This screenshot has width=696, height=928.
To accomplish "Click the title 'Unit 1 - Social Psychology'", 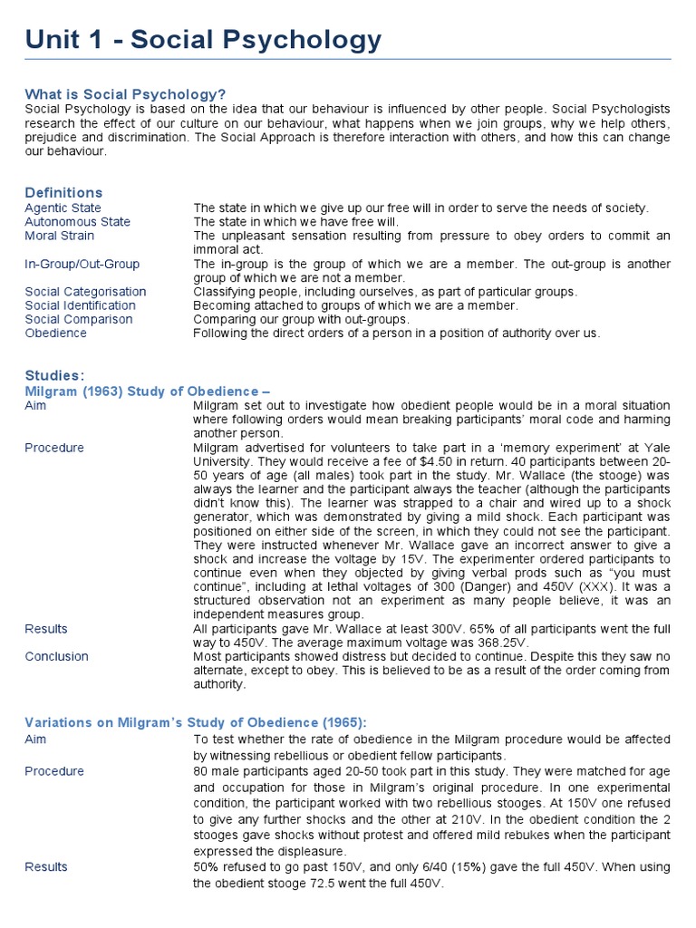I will (203, 40).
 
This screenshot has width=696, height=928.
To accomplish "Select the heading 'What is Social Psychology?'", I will (125, 94).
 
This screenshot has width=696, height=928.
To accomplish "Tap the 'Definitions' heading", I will (63, 192).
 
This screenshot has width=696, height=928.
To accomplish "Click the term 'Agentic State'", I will (63, 208).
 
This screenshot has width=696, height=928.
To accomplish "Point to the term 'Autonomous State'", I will (77, 221).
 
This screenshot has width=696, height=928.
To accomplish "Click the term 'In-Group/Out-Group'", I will (82, 264).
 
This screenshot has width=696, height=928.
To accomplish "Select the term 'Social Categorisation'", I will (85, 292).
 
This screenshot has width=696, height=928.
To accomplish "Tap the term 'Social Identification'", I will (80, 305).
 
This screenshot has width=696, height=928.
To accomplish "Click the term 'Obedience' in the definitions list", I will (55, 333).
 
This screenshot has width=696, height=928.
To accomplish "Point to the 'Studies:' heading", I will (55, 375).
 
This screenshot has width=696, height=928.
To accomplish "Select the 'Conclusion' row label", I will (56, 656).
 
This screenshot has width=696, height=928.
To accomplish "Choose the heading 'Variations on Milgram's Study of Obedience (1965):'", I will (196, 721).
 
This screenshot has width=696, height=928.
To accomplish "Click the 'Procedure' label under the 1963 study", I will (54, 448).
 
